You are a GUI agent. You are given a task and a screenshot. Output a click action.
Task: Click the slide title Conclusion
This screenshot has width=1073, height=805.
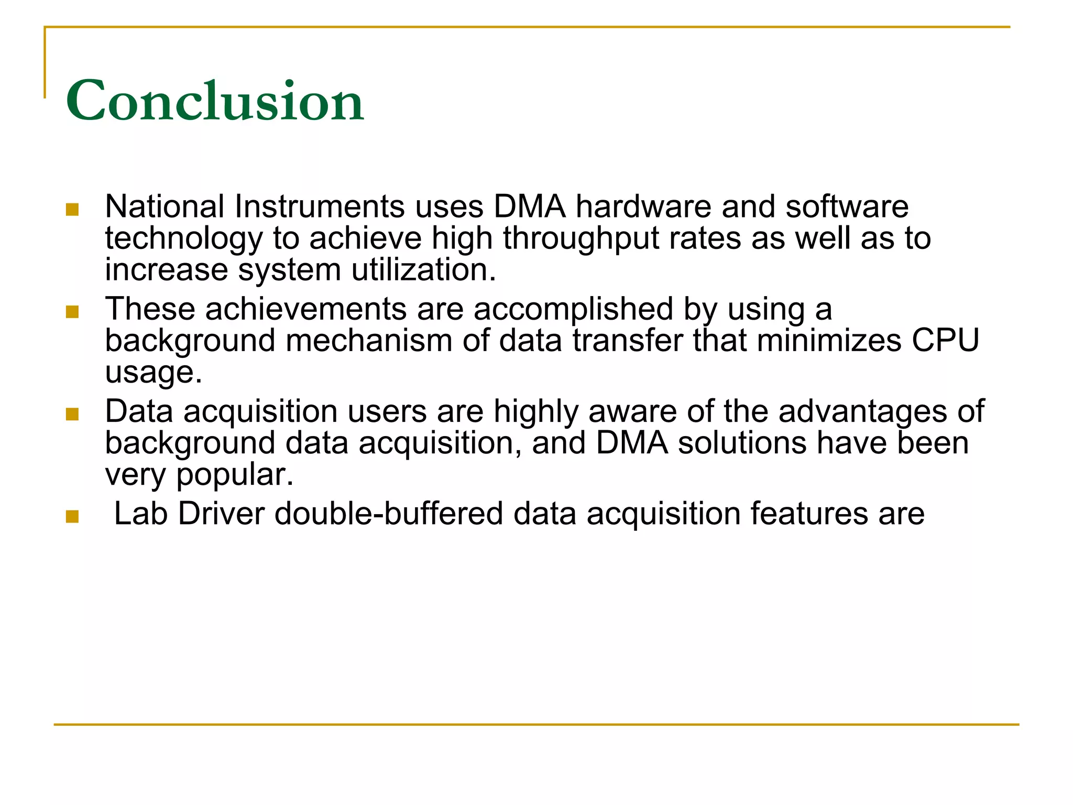pos(214,100)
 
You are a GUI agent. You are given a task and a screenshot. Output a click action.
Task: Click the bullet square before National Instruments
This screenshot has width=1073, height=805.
pos(72,210)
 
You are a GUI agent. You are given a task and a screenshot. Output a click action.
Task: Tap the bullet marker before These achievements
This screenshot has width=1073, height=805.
pos(72,312)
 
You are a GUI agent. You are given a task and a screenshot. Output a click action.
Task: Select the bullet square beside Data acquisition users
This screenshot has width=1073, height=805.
pos(72,415)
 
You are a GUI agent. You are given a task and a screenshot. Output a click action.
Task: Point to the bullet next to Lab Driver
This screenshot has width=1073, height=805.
pos(72,517)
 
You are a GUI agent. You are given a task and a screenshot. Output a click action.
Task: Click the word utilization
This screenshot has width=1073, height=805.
pos(423,270)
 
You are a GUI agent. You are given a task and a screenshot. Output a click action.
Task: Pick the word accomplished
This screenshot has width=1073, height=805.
pos(573,309)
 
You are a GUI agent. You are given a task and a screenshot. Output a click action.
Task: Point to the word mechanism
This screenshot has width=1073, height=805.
pos(369,341)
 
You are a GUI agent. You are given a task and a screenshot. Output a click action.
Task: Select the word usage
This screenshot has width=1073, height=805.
pos(153,373)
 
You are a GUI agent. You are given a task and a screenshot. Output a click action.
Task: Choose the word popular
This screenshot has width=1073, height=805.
pos(235,475)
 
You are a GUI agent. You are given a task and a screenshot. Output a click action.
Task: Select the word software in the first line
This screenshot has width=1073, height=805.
pos(847,206)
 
